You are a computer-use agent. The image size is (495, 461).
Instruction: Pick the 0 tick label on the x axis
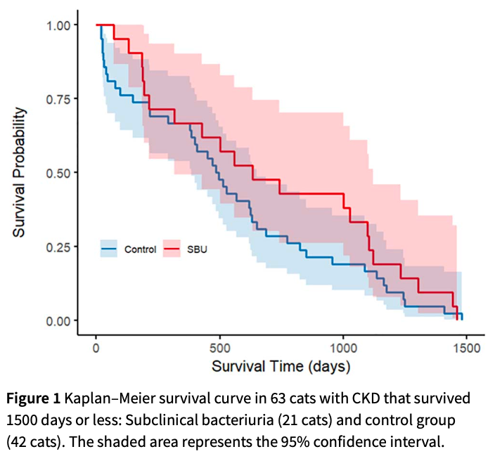click(x=96, y=346)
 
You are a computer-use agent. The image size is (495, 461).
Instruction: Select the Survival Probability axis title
click(x=21, y=171)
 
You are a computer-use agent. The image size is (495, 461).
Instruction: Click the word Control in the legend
click(x=140, y=249)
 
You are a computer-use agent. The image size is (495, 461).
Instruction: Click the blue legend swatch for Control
click(x=109, y=248)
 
